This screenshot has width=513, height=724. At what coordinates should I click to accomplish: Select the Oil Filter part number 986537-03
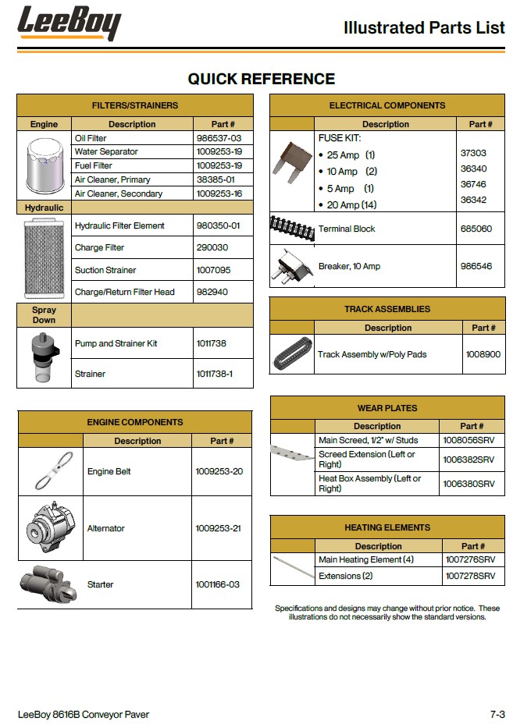coord(218,138)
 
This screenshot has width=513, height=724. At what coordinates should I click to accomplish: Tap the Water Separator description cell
coord(106,151)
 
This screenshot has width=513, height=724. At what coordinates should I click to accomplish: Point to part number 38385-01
coord(217,179)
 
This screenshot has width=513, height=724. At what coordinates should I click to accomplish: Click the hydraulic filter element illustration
coord(44,258)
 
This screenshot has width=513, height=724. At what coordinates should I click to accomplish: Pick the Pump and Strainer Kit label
coord(116,343)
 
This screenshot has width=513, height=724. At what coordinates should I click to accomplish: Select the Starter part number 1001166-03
coord(217,584)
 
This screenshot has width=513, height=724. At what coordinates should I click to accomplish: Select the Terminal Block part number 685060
coord(476,229)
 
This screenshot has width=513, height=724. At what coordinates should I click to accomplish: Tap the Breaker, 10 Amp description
coord(349,266)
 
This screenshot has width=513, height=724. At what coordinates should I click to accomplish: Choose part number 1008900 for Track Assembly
coord(483,354)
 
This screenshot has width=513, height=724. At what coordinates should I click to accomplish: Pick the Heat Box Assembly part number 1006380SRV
coord(468,484)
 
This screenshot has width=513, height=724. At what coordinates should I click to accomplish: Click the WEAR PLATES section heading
coord(387,408)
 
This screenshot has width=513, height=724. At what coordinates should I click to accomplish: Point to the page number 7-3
coord(497,714)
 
